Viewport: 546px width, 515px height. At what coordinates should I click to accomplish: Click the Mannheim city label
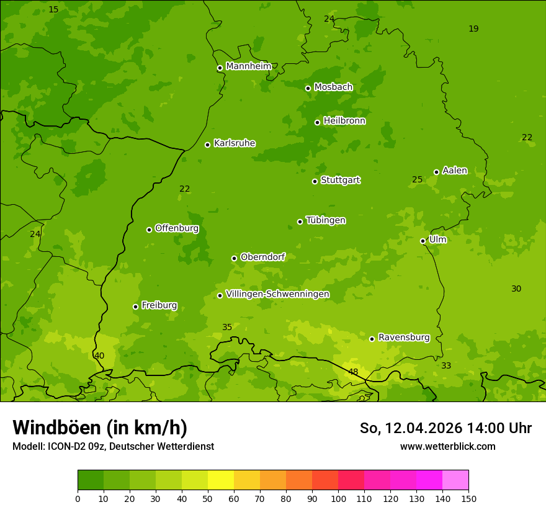[248, 66]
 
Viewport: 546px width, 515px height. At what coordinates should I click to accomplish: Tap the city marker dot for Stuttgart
[315, 181]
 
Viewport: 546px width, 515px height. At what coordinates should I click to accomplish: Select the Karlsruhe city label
[234, 143]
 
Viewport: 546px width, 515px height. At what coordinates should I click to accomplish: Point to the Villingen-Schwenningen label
[277, 294]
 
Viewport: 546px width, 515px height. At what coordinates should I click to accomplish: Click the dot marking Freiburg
[135, 307]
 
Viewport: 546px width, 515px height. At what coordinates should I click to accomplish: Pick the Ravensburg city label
[403, 338]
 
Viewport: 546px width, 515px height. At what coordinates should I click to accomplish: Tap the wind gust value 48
[353, 372]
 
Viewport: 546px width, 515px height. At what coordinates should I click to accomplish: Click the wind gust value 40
[99, 356]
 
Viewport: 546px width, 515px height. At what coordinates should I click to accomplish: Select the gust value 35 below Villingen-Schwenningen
[227, 328]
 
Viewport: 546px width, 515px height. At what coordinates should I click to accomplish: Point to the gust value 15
[53, 9]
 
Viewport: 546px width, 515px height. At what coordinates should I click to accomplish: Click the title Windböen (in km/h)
[100, 428]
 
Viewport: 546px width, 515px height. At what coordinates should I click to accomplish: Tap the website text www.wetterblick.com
[447, 446]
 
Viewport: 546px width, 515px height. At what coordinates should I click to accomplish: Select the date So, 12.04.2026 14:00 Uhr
[445, 428]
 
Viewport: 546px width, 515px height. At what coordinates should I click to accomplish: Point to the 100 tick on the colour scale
[338, 498]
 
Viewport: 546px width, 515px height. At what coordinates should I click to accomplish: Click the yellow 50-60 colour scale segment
[221, 480]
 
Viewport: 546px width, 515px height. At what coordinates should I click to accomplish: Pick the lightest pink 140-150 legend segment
[455, 480]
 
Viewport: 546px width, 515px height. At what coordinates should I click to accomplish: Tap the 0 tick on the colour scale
[78, 498]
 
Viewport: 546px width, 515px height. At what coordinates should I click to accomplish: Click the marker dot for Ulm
[423, 241]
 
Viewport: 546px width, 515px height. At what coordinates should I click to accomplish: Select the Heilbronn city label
[344, 121]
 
